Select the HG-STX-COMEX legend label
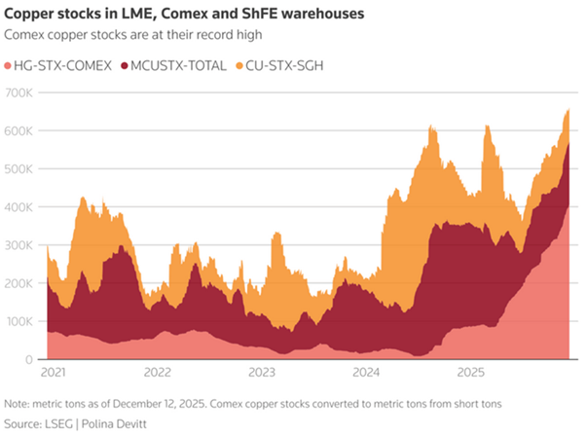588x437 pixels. click(x=59, y=65)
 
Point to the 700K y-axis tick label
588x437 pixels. click(x=21, y=92)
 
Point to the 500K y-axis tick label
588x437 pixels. click(x=21, y=168)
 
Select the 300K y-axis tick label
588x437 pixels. click(x=21, y=245)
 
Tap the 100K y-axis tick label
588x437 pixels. click(x=21, y=321)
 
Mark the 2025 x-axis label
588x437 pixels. click(x=471, y=373)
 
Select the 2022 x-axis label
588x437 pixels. click(x=159, y=373)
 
